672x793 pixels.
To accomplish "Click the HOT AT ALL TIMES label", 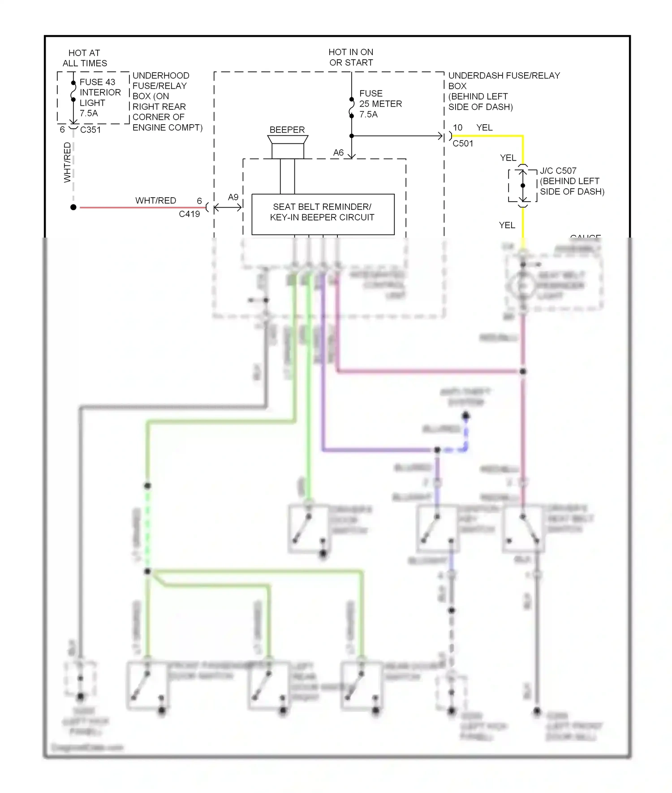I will [85, 58].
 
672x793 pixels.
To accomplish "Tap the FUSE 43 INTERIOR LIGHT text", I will [100, 97].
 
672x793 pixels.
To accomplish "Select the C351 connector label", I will [90, 130].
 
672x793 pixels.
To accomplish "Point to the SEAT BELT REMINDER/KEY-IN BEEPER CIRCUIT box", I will [323, 214].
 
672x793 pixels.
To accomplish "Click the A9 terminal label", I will [233, 197].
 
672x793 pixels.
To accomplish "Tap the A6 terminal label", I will [338, 153].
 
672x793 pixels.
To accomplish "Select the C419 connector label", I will [189, 214].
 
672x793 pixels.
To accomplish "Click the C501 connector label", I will [463, 143].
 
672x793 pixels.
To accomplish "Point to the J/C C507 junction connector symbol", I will [523, 186].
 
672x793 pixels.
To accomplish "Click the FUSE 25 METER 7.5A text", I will [380, 104].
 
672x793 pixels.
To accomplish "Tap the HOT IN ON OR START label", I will [351, 57].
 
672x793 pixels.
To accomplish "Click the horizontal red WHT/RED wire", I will [143, 208].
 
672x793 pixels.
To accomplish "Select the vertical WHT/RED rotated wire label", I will [67, 162].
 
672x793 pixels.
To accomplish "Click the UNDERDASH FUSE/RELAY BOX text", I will [504, 91].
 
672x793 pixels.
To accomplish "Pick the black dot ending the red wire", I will [73, 207].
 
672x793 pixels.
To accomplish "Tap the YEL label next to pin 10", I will [484, 128].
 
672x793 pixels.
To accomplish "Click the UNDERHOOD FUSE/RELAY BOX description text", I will [167, 101].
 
